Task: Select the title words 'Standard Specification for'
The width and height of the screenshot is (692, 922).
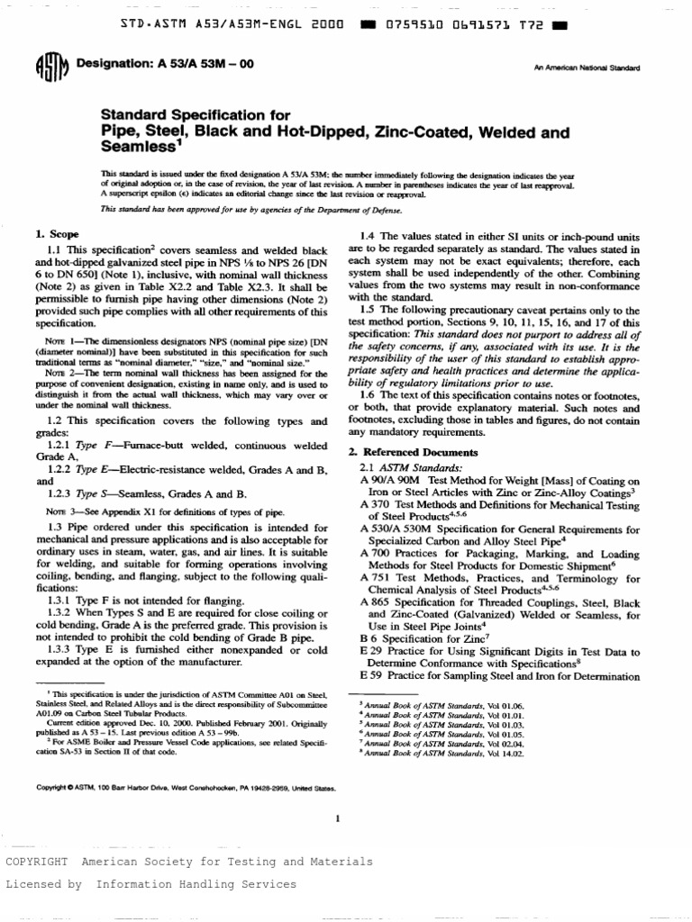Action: click(x=196, y=115)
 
